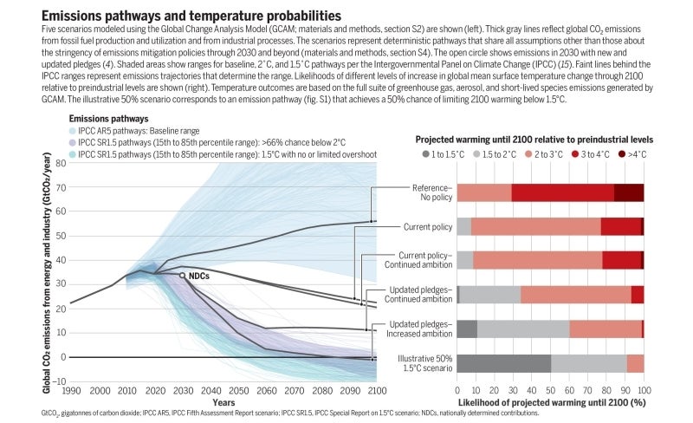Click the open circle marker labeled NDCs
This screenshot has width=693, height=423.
[x=182, y=275]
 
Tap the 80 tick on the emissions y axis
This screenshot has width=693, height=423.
[x=60, y=162]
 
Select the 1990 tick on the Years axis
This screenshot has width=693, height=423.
[x=71, y=392]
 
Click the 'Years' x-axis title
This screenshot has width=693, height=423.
[x=223, y=403]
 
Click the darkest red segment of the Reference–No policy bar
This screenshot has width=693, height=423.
[x=629, y=192]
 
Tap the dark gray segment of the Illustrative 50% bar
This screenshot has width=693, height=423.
[x=503, y=363]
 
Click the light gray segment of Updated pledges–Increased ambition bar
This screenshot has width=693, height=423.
[x=523, y=329]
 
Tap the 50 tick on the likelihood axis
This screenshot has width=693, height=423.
[x=550, y=391]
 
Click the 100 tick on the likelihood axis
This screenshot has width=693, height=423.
[x=643, y=391]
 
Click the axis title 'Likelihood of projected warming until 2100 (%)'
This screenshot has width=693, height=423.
[x=550, y=403]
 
